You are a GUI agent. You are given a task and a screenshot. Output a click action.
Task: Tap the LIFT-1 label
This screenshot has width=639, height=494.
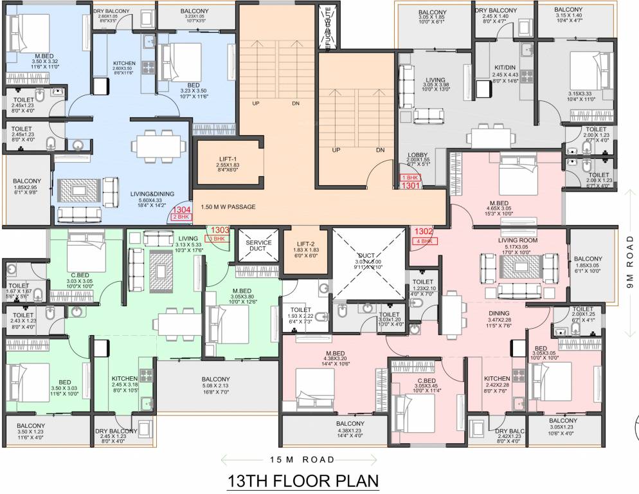coord(228,160)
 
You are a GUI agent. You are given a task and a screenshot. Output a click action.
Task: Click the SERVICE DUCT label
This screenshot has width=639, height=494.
coord(259,246)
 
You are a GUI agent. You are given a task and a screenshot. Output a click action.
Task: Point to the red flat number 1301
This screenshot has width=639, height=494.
coord(411,185)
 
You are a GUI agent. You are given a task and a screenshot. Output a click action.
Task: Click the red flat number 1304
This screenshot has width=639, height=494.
coord(183,210)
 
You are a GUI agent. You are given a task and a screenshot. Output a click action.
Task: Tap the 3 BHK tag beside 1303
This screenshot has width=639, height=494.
coord(219,239)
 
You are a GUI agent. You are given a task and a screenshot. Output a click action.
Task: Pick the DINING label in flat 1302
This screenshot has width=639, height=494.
coord(499,313)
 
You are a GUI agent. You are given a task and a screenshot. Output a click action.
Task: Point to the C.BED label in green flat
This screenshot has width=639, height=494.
coord(79,274)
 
